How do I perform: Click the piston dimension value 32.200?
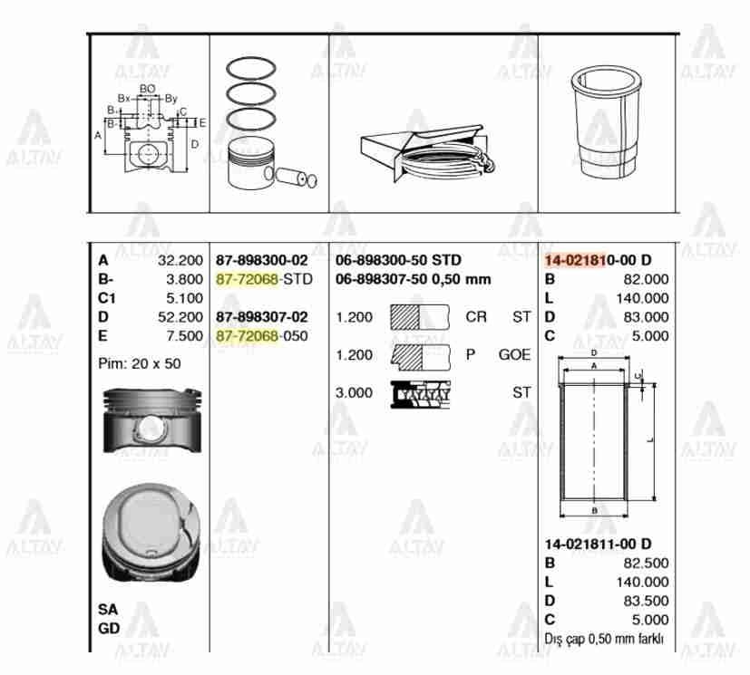(x=180, y=260)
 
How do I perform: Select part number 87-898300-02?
(x=262, y=260)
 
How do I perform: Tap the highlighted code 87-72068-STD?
(x=264, y=279)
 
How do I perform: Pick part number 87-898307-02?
(x=262, y=317)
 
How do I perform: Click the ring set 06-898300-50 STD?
(x=398, y=260)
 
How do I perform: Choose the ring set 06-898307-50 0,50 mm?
(x=413, y=279)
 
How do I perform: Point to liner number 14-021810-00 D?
(x=598, y=260)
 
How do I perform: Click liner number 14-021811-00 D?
(x=598, y=544)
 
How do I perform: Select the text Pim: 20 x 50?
(x=140, y=362)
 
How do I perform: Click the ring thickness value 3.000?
(x=354, y=392)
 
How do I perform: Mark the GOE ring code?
(x=514, y=355)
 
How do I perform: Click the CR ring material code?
(x=475, y=317)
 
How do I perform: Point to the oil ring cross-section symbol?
(x=421, y=392)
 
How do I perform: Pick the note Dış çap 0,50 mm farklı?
(x=604, y=639)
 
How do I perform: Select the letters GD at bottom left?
(x=108, y=627)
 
